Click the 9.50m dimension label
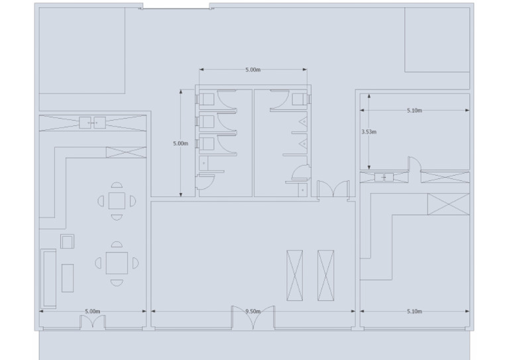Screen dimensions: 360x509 (x=252, y=310)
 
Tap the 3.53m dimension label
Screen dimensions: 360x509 (x=368, y=132)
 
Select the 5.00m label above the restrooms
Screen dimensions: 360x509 (x=253, y=70)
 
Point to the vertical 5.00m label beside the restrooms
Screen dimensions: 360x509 (x=180, y=143)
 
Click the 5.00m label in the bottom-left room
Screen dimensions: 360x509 (x=93, y=311)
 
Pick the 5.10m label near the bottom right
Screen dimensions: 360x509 (x=414, y=311)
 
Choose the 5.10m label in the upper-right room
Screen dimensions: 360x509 (x=414, y=111)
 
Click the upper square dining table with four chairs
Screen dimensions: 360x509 (x=117, y=200)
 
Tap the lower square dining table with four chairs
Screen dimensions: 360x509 (x=117, y=263)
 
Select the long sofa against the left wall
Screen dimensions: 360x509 (x=48, y=278)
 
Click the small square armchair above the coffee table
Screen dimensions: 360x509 (x=67, y=241)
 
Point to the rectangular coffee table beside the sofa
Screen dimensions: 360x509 (x=68, y=278)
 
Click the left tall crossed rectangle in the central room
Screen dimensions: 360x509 (x=294, y=275)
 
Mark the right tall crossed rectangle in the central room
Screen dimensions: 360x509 (x=325, y=275)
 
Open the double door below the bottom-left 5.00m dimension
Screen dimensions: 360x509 (x=93, y=322)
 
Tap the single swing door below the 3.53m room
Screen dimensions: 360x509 (x=414, y=166)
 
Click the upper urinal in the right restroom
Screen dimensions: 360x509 (x=303, y=123)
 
